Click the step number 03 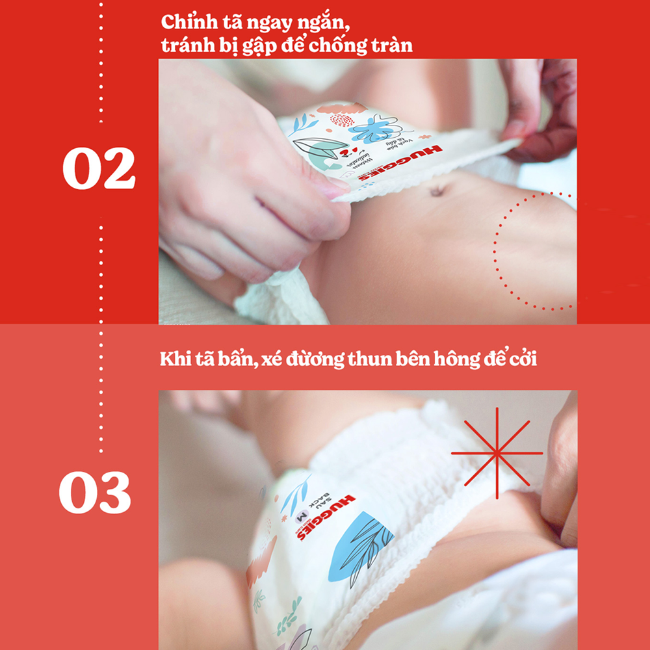click(x=96, y=492)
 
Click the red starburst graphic click(x=497, y=452)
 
